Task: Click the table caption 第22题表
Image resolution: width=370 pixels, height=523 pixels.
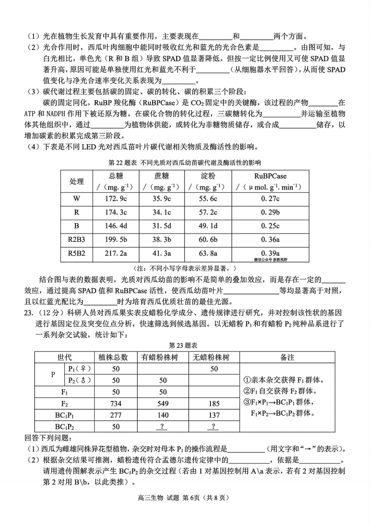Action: click(185, 162)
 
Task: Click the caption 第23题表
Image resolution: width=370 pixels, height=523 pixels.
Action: click(185, 345)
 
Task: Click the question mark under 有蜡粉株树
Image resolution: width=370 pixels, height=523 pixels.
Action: click(162, 426)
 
